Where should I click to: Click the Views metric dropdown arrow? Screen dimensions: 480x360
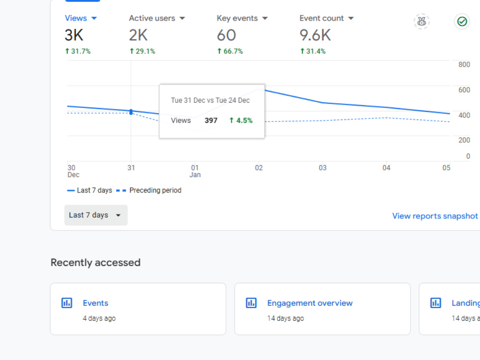[x=94, y=18]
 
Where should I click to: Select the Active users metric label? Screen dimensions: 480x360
[x=152, y=18]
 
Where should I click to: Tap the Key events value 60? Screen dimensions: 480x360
[x=226, y=35]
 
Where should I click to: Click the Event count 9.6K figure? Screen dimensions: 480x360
[x=315, y=35]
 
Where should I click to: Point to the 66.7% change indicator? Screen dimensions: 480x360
[x=230, y=51]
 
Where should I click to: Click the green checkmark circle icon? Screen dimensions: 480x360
[x=462, y=22]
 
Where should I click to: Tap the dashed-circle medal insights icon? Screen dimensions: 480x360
[x=421, y=22]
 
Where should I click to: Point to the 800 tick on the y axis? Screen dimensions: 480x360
[x=464, y=65]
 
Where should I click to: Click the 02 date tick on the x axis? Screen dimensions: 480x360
[x=259, y=168]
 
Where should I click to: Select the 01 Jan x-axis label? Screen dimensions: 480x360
[x=195, y=171]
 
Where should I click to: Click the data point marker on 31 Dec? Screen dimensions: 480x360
[x=131, y=112]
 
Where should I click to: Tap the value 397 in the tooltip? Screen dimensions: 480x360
[x=211, y=120]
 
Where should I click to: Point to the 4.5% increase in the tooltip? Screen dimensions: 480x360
[x=241, y=120]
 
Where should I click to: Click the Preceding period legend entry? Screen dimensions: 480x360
[x=149, y=191]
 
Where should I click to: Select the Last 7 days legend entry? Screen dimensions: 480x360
[x=89, y=191]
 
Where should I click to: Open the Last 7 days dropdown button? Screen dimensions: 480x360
[x=96, y=215]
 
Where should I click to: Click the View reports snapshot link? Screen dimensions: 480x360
[x=435, y=216]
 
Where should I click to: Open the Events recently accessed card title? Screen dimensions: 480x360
[x=96, y=303]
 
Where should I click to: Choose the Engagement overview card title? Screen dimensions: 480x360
[x=310, y=303]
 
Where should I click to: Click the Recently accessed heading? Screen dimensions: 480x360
[x=96, y=263]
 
